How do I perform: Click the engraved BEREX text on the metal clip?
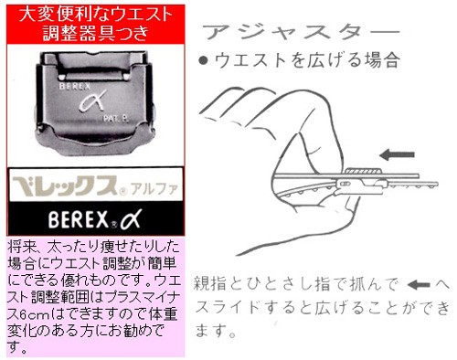click(75, 86)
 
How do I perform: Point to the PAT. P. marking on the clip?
click(116, 119)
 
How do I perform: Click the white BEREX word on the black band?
click(79, 219)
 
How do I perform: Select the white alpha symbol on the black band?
click(131, 219)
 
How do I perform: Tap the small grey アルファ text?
click(154, 189)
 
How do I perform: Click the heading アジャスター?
click(301, 32)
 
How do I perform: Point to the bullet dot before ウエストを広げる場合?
click(203, 60)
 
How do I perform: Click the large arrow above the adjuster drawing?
click(397, 154)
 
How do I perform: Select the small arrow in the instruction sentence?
click(419, 285)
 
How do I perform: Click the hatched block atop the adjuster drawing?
click(363, 171)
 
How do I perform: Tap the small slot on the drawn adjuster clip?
click(345, 184)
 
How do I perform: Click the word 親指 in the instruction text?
click(210, 284)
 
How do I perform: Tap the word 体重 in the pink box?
click(163, 313)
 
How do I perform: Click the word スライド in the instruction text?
click(228, 308)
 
